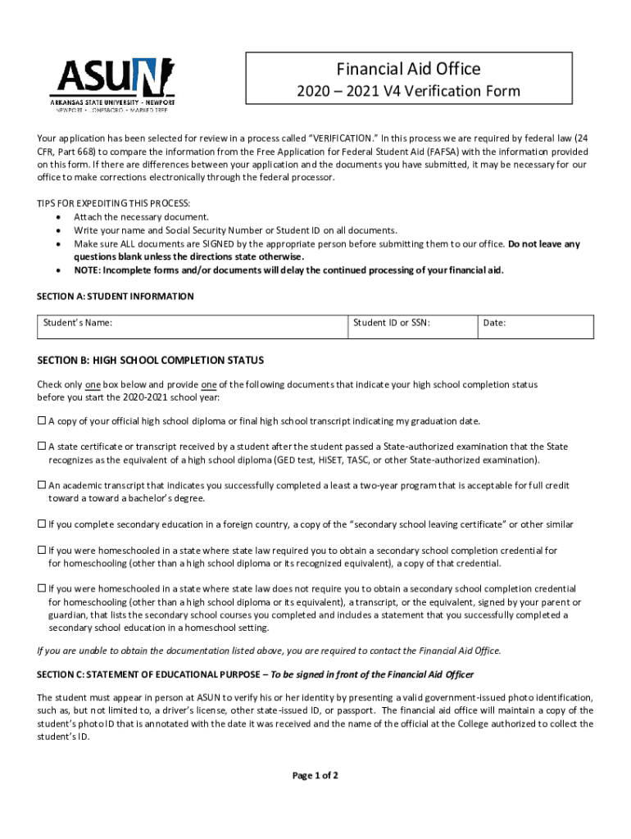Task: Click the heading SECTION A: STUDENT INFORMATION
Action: click(x=116, y=296)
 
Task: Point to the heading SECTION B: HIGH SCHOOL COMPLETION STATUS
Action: click(x=150, y=360)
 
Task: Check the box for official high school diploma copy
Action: click(x=42, y=421)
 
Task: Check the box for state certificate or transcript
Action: click(x=42, y=447)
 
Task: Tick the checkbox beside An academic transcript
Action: click(x=42, y=485)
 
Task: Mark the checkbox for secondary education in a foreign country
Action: click(x=42, y=524)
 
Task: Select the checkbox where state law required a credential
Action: click(x=42, y=551)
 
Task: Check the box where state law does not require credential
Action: click(x=42, y=589)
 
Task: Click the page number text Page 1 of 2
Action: click(x=315, y=776)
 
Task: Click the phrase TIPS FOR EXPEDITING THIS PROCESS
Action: click(x=114, y=203)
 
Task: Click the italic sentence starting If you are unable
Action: click(x=269, y=651)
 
